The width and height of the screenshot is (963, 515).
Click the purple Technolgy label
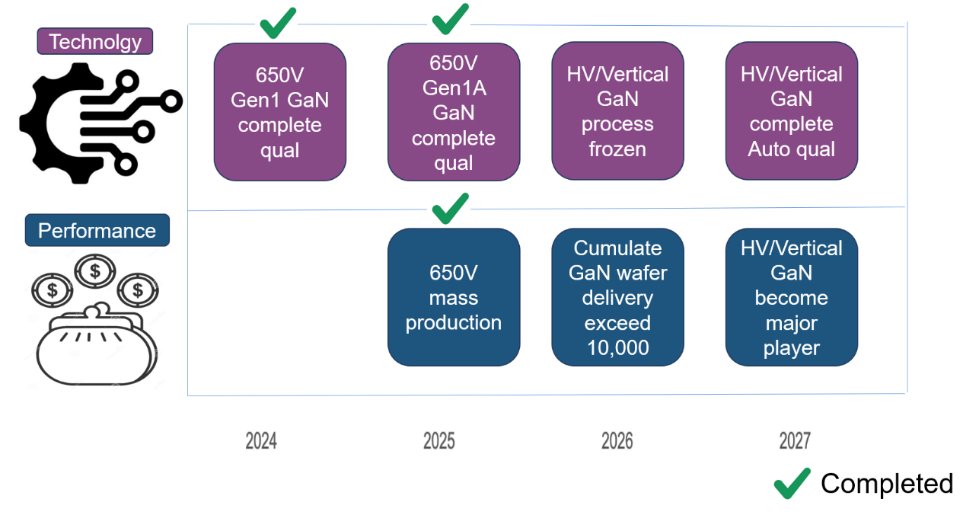95,41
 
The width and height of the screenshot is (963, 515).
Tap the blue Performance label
97,230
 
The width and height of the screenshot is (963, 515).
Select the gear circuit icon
99,122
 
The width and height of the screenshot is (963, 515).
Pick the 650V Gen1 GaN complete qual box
279,112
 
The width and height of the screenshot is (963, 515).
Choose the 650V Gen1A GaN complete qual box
454,112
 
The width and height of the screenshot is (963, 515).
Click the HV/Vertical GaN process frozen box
617,111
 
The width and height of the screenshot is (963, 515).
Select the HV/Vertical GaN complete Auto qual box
791,111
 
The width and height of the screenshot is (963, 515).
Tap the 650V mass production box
454,297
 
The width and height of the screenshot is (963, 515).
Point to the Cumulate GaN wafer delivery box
617,297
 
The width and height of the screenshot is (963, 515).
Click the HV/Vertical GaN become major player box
791,297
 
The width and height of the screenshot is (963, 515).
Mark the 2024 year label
261,440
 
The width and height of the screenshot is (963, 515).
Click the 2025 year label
439,440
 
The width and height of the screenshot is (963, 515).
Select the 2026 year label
617,440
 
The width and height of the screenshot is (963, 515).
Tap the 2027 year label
795,440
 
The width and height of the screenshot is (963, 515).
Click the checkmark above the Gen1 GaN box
278,24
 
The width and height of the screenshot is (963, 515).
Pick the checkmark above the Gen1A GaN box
451,20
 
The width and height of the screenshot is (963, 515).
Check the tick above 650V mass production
451,208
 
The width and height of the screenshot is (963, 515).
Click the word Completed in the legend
886,484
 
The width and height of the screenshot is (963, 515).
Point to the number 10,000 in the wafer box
617,348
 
